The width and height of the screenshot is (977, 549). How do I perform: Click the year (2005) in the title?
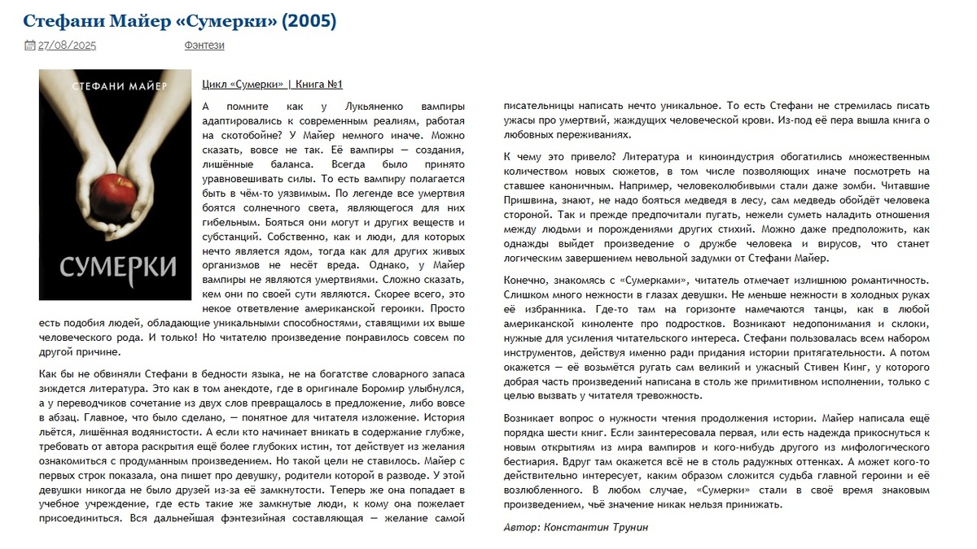pyautogui.click(x=309, y=20)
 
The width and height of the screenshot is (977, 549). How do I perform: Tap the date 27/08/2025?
pyautogui.click(x=67, y=46)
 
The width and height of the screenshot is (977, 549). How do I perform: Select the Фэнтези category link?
pyautogui.click(x=204, y=46)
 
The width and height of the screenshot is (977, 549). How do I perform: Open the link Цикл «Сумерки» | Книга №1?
pyautogui.click(x=272, y=85)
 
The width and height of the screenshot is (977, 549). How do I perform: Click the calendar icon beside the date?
pyautogui.click(x=30, y=46)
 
